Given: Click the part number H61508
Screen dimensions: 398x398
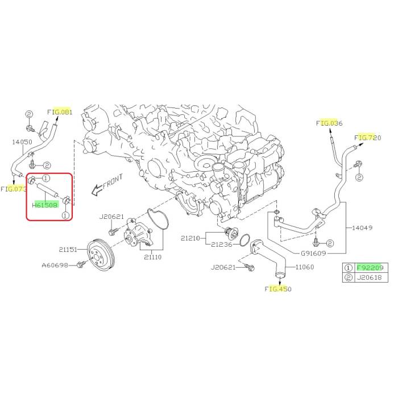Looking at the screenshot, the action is point(45,205).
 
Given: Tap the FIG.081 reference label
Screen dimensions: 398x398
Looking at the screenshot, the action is point(60,112).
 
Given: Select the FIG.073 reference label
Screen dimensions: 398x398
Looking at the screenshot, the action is point(14,189).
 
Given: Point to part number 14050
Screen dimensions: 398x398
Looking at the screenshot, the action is point(22,142).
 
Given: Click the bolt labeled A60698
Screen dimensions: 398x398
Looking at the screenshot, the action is point(81,265).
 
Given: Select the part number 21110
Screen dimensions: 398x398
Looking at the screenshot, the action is point(153,257).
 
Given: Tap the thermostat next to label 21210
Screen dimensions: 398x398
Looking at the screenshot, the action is point(231,234).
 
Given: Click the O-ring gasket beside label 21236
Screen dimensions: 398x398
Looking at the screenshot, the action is point(244,240).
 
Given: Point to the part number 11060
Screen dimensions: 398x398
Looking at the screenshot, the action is point(305,267).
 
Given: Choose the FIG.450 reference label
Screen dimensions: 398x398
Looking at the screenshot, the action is point(278,289).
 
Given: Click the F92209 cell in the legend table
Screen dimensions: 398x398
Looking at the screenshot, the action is point(370,268).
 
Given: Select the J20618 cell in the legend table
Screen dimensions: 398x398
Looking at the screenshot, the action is point(370,277).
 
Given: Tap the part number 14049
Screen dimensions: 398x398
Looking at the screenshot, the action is point(362,227).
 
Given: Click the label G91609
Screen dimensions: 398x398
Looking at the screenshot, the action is point(313,253).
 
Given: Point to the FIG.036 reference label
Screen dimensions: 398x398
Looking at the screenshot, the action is point(329,123).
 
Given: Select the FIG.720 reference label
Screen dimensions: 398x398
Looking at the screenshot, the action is point(368,138).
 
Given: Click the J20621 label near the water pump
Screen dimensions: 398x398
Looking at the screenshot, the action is point(111,217).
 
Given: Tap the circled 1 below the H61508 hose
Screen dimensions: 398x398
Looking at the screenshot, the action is point(65,215).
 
